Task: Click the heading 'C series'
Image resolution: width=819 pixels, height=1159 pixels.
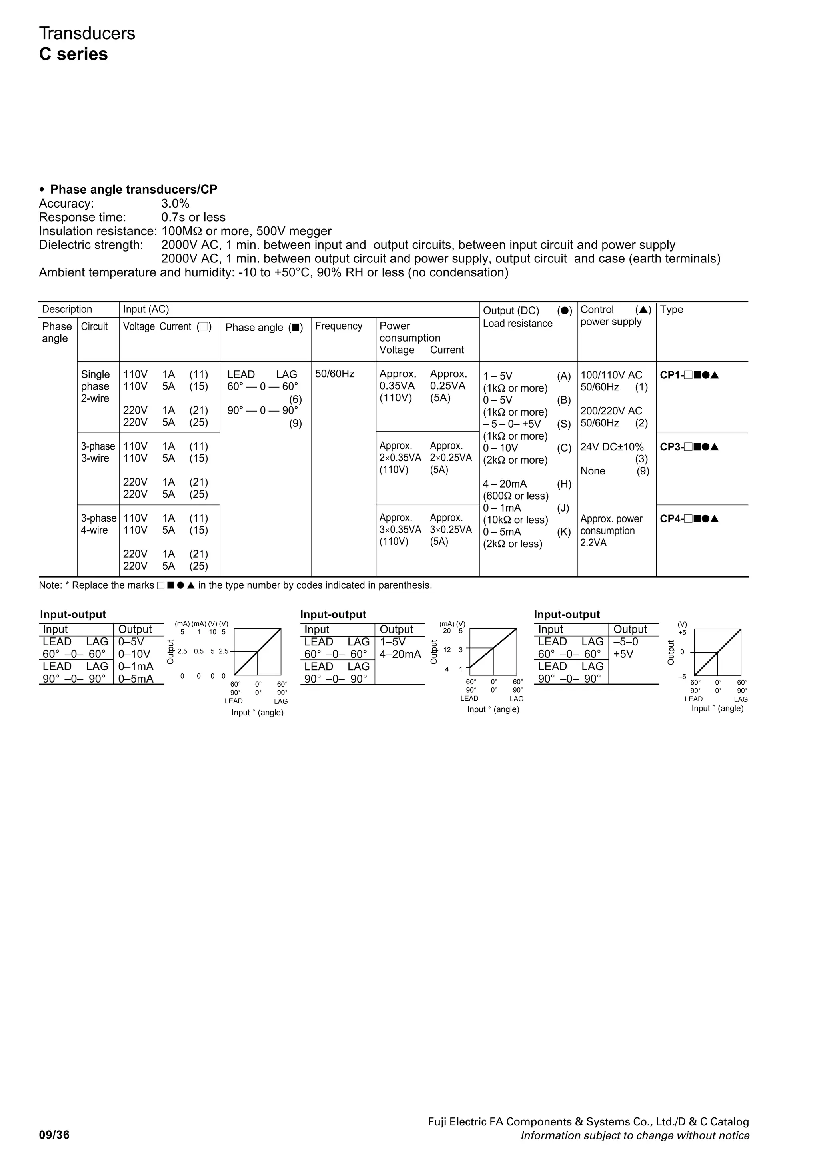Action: (73, 54)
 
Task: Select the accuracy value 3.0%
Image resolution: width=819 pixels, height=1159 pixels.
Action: (175, 204)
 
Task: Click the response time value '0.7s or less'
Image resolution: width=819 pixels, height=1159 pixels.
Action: (193, 217)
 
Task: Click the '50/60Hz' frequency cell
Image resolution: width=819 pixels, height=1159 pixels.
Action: (335, 374)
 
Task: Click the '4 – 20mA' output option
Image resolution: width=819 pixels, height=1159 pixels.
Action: (505, 484)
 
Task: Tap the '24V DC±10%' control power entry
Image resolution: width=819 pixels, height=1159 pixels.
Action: (611, 447)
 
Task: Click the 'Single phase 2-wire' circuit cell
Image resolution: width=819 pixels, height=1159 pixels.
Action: (95, 386)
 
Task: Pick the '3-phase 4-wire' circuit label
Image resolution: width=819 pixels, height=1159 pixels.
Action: (98, 524)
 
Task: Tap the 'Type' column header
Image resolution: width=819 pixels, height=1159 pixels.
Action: (671, 310)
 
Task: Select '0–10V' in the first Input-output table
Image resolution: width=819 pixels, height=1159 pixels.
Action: (134, 654)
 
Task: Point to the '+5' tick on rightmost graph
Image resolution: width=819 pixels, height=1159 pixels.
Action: (682, 633)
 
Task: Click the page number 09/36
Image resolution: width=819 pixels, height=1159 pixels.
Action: (54, 1135)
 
